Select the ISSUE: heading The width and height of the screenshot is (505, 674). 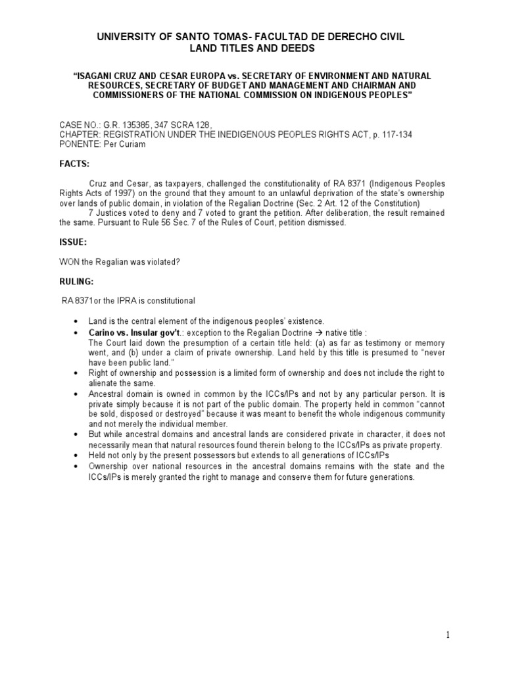coord(73,242)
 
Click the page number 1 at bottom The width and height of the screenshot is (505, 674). coord(446,635)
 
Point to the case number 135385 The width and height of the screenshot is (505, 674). coord(133,124)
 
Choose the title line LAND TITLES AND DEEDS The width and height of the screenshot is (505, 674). coord(252,49)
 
